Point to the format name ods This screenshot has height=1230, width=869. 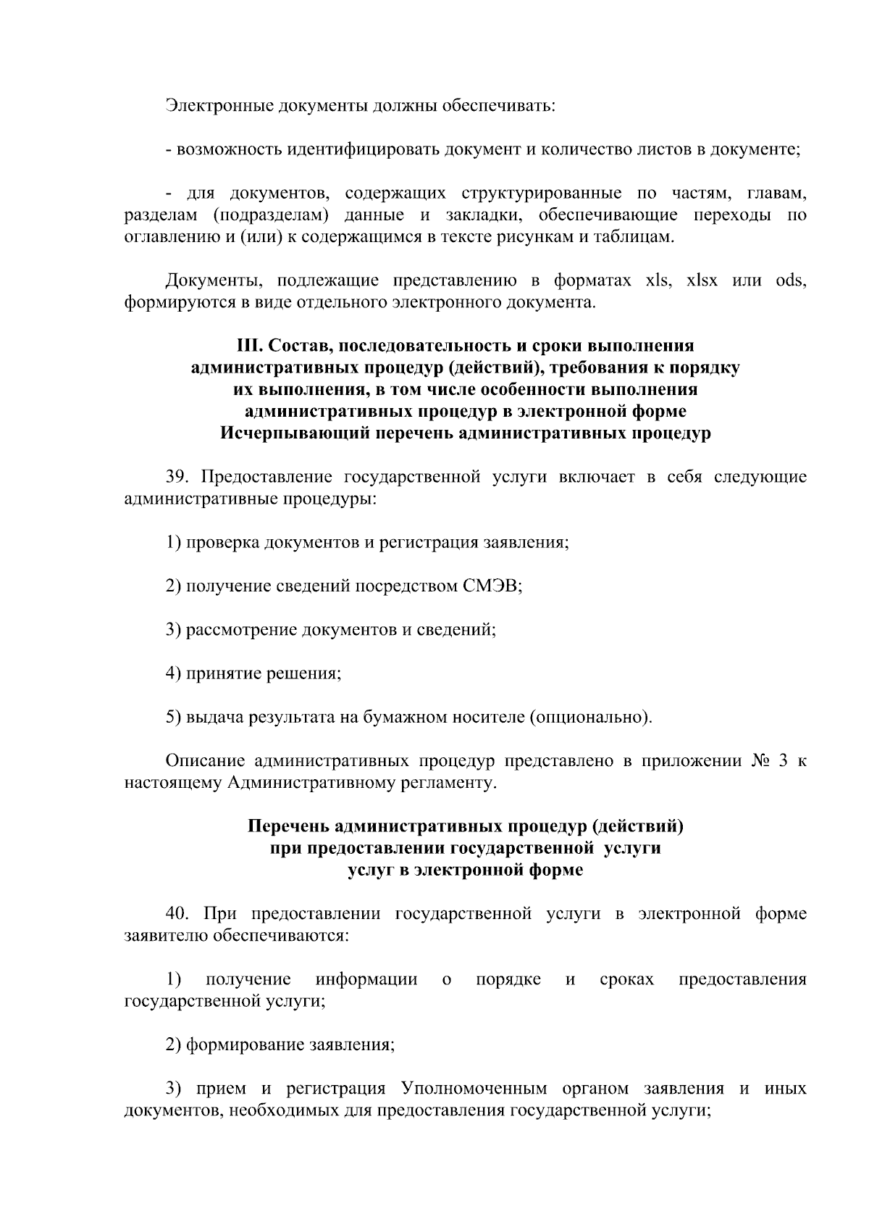click(x=790, y=281)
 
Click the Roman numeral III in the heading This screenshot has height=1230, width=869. click(x=249, y=346)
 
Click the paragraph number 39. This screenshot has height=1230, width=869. click(x=177, y=477)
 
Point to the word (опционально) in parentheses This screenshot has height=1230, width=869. click(x=591, y=717)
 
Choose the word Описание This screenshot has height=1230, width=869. click(x=205, y=761)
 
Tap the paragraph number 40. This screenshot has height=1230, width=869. click(x=177, y=914)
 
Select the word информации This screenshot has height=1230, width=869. click(x=366, y=980)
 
